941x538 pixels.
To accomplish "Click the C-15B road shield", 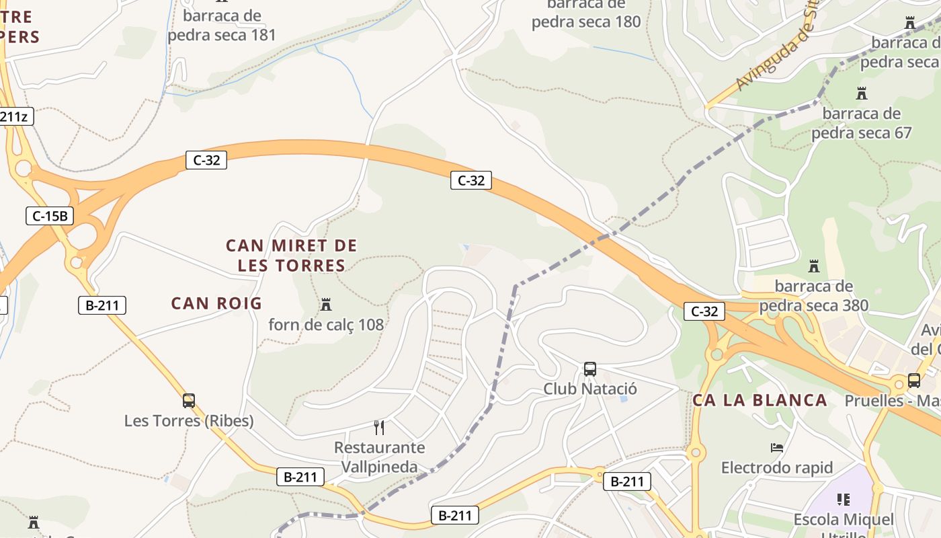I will (50, 216).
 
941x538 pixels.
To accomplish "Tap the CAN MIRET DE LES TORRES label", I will (292, 256).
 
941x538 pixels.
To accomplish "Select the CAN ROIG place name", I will (216, 303).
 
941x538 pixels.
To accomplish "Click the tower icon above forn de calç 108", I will (326, 305).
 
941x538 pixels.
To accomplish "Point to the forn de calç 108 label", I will (326, 325).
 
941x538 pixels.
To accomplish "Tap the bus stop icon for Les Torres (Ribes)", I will (189, 401).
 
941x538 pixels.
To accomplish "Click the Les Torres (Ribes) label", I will (189, 421).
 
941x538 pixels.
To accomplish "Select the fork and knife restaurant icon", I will (379, 427).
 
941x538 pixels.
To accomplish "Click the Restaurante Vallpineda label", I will (379, 457).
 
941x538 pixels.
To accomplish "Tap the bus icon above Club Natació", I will (589, 369).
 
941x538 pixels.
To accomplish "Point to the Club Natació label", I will (590, 389).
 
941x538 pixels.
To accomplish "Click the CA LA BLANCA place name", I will (760, 400).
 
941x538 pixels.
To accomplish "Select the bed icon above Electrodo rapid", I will (777, 447).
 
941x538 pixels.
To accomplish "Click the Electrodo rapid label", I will (777, 467).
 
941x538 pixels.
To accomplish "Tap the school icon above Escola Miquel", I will (844, 499).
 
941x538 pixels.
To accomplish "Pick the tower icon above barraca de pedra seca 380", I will (814, 266).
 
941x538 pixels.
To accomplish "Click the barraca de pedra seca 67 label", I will (861, 122).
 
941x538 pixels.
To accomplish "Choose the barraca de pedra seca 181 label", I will (222, 25).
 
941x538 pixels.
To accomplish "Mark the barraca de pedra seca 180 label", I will (586, 13).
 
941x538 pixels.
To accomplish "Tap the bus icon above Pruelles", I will (914, 381).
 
